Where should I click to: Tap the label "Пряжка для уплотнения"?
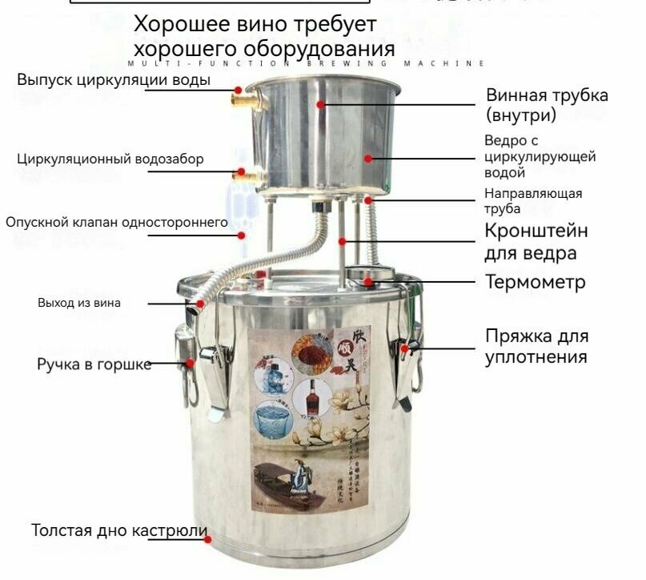pyautogui.click(x=536, y=345)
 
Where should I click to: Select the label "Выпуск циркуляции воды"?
pyautogui.click(x=114, y=80)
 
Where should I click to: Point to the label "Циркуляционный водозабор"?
pyautogui.click(x=110, y=159)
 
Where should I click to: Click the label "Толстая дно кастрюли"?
pyautogui.click(x=119, y=530)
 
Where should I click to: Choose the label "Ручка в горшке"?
pyautogui.click(x=94, y=365)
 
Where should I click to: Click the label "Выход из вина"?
pyautogui.click(x=79, y=303)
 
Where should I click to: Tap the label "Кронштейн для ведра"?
pyautogui.click(x=536, y=242)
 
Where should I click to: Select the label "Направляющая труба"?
pyautogui.click(x=533, y=200)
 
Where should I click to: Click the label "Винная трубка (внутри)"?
pyautogui.click(x=547, y=105)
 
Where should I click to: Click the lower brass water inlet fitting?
pyautogui.click(x=243, y=174)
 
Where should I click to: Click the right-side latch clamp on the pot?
pyautogui.click(x=407, y=365)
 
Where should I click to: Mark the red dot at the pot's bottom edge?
pyautogui.click(x=209, y=538)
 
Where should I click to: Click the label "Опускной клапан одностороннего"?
pyautogui.click(x=117, y=222)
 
